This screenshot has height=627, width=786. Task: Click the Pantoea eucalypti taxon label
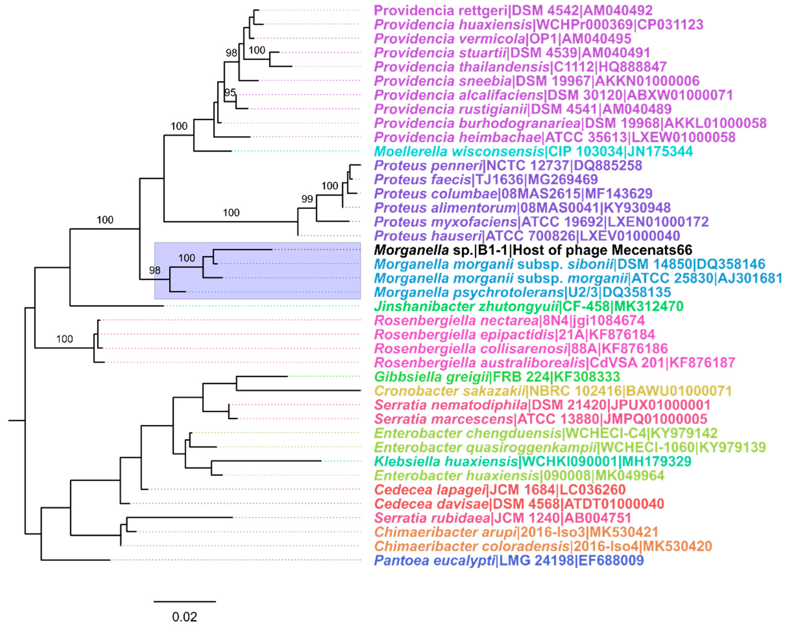(x=509, y=560)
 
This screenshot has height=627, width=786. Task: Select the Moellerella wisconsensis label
(x=533, y=151)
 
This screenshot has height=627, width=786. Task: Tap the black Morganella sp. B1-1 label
(x=533, y=250)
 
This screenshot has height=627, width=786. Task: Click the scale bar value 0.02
(x=184, y=617)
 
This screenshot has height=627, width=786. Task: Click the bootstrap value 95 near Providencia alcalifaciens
(x=230, y=93)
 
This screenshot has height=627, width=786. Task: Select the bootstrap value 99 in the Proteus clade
(x=307, y=199)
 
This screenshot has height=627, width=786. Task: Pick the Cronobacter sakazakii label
(x=553, y=391)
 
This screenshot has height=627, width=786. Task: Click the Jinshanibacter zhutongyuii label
(x=528, y=306)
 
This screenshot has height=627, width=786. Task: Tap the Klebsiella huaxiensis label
(x=532, y=462)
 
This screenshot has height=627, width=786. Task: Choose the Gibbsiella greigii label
(x=497, y=377)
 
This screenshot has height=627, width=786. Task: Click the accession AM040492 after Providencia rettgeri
(x=618, y=10)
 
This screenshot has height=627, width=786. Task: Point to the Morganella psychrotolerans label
(x=522, y=292)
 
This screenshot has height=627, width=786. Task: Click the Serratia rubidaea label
(x=502, y=518)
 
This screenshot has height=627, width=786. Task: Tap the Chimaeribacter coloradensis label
(x=543, y=546)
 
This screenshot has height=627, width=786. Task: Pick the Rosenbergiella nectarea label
(x=509, y=321)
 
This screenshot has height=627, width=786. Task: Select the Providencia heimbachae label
(x=554, y=137)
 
